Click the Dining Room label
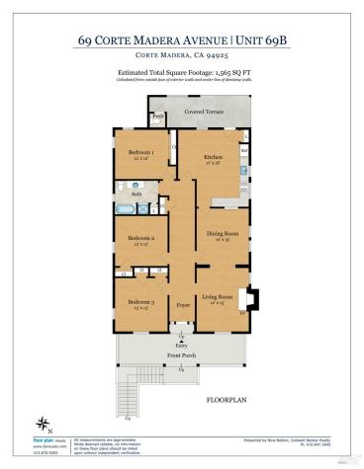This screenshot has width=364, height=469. [x=218, y=234]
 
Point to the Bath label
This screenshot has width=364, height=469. [x=137, y=195]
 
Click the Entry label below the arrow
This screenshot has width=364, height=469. [x=181, y=346]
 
